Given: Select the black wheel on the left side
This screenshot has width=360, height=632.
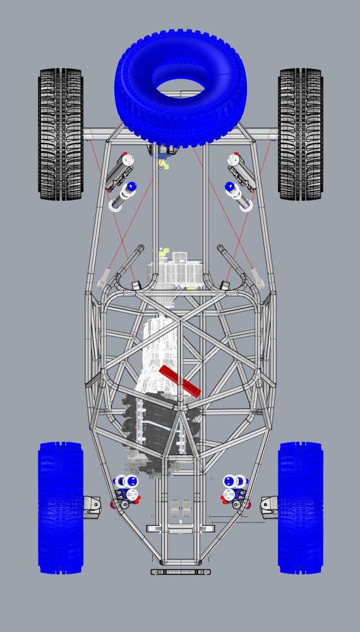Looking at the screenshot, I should pos(61,134).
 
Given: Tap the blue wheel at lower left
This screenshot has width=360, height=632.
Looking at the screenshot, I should pos(61,507).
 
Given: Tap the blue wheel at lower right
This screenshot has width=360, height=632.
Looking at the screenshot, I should pos(301,507).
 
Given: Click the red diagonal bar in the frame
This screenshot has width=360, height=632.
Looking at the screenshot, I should pos(181,380).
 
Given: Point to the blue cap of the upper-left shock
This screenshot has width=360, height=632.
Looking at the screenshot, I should pos(131,188).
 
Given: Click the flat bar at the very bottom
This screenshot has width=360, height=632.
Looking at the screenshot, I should pos(181,571).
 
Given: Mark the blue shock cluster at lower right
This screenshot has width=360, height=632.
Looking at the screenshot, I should pos(234,488).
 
